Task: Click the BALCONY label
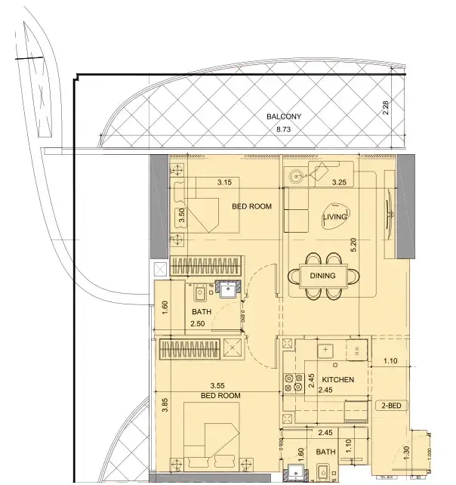pyautogui.click(x=284, y=117)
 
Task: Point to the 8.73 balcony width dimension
pyautogui.click(x=284, y=130)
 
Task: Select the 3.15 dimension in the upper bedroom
pyautogui.click(x=224, y=182)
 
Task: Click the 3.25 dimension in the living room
pyautogui.click(x=340, y=182)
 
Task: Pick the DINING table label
pyautogui.click(x=322, y=276)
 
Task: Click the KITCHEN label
pyautogui.click(x=338, y=379)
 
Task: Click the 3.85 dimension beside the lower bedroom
pyautogui.click(x=164, y=414)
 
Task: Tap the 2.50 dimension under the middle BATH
pyautogui.click(x=198, y=323)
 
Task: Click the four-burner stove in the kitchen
pyautogui.click(x=294, y=383)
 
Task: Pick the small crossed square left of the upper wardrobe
pyautogui.click(x=159, y=268)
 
